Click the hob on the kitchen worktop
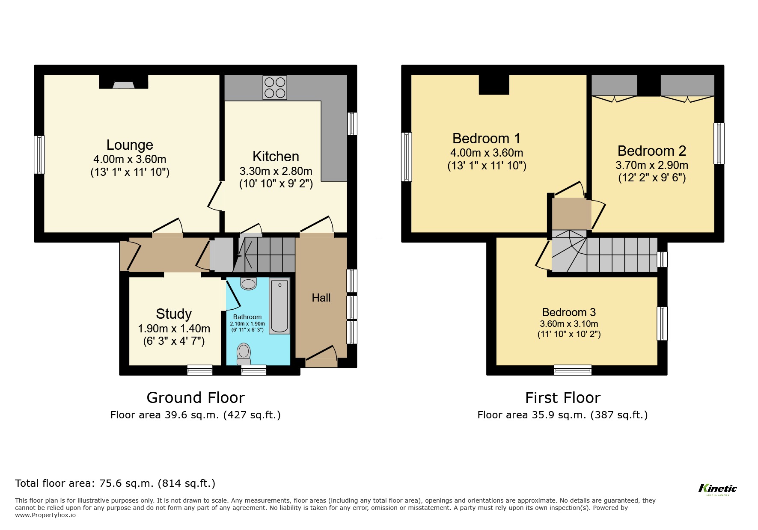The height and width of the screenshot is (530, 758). point(275,88)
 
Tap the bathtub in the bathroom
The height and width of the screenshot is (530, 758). point(279,306)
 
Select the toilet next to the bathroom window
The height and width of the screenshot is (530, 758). point(244,352)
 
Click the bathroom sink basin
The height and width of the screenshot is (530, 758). point(248,283)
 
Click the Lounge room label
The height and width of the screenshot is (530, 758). point(130,145)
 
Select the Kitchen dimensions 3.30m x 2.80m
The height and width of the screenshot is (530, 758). point(276,171)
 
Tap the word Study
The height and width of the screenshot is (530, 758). point(174,314)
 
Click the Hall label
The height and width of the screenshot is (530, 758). point(321,298)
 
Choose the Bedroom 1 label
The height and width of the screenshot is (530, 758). point(486,139)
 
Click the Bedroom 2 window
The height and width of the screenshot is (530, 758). point(719,143)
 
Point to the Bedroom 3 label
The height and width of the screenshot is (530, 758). point(569,312)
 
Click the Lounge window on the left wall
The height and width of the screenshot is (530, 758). point(39,154)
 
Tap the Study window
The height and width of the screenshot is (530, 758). point(200,370)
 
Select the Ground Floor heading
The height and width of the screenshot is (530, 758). point(196,398)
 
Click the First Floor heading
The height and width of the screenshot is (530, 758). point(562,398)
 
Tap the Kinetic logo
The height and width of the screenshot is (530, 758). point(718,489)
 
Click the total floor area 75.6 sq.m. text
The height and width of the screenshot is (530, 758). point(115,483)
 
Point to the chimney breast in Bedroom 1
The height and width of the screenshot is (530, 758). point(494,84)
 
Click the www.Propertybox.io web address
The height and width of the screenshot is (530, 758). point(45,515)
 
